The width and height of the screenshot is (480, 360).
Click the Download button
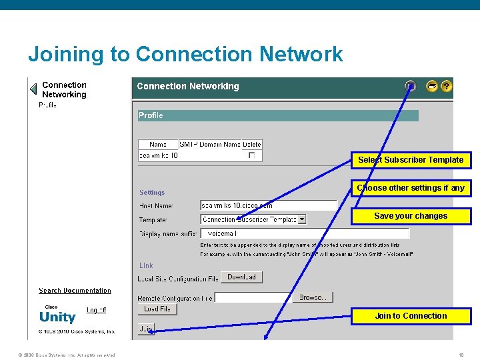(x=241, y=277)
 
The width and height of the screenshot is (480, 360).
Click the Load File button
(x=157, y=309)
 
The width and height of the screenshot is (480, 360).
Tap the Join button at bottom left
(x=145, y=329)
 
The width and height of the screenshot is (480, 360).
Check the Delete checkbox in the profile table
(x=251, y=155)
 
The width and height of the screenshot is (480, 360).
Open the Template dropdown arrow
(x=302, y=219)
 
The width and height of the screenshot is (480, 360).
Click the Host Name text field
(x=268, y=205)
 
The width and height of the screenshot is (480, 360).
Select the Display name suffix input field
(x=305, y=233)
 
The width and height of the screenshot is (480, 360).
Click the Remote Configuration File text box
(x=253, y=297)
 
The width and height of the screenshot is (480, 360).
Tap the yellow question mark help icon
(x=447, y=86)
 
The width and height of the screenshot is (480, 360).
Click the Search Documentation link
(x=75, y=291)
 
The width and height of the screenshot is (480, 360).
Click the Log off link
(x=96, y=310)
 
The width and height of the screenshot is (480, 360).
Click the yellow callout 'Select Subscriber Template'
(x=411, y=160)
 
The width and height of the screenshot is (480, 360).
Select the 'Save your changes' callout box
(x=411, y=216)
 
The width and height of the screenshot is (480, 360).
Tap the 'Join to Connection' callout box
(x=411, y=316)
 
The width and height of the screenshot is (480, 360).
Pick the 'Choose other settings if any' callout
(x=411, y=188)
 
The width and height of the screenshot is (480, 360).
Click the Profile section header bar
(x=278, y=115)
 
